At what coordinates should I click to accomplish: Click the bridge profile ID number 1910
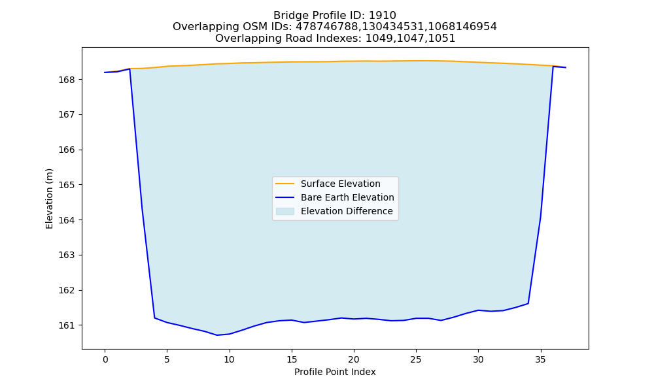[x=383, y=16]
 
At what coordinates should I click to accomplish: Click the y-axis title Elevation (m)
[x=49, y=199]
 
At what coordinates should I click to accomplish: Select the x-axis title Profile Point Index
[x=335, y=372]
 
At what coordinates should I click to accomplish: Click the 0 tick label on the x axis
[x=105, y=359]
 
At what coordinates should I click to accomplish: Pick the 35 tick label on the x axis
[x=541, y=359]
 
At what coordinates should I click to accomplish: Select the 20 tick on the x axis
[x=354, y=359]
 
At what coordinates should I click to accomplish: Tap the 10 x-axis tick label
[x=229, y=359]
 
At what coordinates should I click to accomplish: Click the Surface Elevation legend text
[x=340, y=184]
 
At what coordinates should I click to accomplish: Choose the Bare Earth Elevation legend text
[x=347, y=197]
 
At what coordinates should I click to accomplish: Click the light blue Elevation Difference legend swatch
[x=285, y=211]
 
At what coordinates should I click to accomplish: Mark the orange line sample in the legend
[x=285, y=184]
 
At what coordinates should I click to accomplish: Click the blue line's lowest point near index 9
[x=217, y=335]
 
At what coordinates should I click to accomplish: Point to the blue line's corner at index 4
[x=155, y=318]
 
